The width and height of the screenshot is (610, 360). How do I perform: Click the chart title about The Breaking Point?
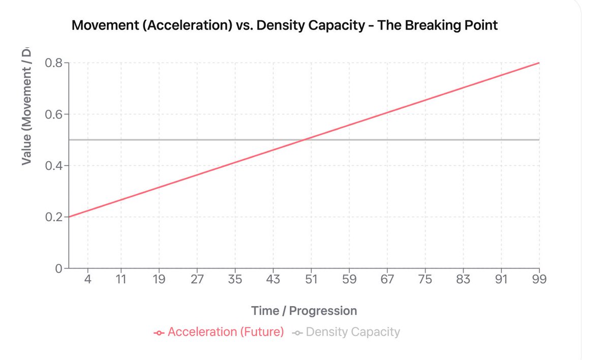[x=285, y=25]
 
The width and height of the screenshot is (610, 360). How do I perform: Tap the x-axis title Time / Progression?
[x=304, y=311]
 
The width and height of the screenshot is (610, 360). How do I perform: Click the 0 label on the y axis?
[x=58, y=268]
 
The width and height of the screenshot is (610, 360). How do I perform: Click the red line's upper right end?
[x=539, y=63]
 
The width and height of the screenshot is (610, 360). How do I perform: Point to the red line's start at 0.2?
[x=69, y=217]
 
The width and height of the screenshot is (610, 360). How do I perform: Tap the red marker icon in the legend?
[x=159, y=333]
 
